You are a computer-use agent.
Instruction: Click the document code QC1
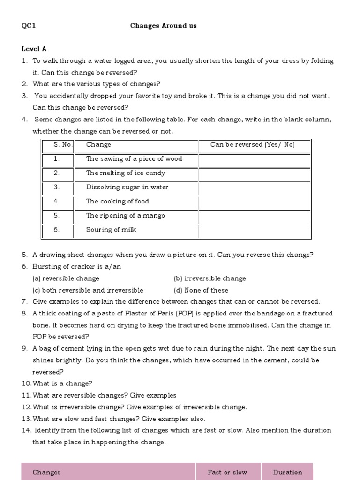[x=29, y=26]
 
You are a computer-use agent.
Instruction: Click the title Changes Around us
[x=163, y=26]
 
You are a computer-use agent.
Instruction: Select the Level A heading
[x=34, y=49]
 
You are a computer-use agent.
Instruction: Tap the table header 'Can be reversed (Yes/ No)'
[x=253, y=145]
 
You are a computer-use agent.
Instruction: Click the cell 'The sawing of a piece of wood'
[x=134, y=159]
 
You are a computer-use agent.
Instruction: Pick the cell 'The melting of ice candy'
[x=126, y=173]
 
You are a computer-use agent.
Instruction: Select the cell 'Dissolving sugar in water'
[x=127, y=187]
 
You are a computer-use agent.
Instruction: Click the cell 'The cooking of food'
[x=117, y=201]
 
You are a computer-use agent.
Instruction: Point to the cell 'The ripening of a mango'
[x=125, y=216]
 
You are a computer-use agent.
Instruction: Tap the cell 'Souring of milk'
[x=111, y=230]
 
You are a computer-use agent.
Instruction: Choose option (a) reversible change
[x=66, y=278]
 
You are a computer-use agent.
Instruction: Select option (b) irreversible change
[x=210, y=278]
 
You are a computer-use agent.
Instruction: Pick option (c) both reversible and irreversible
[x=88, y=290]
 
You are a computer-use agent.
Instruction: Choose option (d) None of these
[x=201, y=290]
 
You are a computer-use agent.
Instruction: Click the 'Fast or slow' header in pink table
[x=227, y=472]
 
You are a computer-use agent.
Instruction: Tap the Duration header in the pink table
[x=287, y=472]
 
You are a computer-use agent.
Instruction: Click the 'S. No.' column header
[x=63, y=145]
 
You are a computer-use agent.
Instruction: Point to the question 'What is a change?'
[x=62, y=383]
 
